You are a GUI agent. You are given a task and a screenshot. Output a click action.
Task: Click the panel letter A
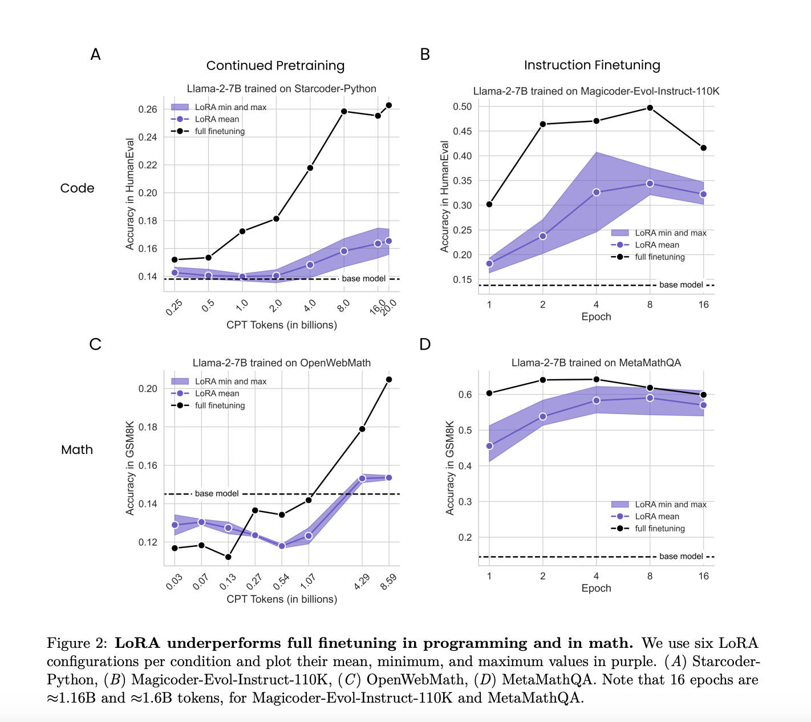(x=95, y=55)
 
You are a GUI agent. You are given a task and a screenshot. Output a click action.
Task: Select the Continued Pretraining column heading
(x=275, y=66)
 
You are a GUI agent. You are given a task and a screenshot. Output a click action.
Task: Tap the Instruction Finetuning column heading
(x=592, y=66)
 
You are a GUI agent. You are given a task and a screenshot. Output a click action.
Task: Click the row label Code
(x=77, y=188)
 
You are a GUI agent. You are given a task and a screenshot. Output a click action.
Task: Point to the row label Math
(x=77, y=450)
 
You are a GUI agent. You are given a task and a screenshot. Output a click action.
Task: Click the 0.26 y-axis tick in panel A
(x=148, y=109)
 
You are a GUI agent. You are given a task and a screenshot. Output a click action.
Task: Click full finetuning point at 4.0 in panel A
(x=310, y=168)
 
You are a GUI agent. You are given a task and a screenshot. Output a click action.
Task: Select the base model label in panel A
(x=364, y=279)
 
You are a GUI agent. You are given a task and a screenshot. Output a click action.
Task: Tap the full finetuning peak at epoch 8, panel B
(x=650, y=108)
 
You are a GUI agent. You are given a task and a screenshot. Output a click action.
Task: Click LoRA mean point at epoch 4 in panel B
(x=597, y=192)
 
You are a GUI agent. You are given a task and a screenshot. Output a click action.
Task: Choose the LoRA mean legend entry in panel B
(x=657, y=245)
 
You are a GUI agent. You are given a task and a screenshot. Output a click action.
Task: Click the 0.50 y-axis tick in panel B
(x=462, y=107)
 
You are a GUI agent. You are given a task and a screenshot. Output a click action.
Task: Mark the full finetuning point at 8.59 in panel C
(x=389, y=379)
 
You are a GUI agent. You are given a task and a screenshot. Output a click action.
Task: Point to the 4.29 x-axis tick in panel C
(x=362, y=581)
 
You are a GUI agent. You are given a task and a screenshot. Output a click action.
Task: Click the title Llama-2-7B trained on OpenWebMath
(x=282, y=363)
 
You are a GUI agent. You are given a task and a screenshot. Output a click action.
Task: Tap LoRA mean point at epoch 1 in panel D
(x=489, y=446)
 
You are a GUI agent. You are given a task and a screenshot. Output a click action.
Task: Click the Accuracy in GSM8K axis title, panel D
(x=450, y=468)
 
